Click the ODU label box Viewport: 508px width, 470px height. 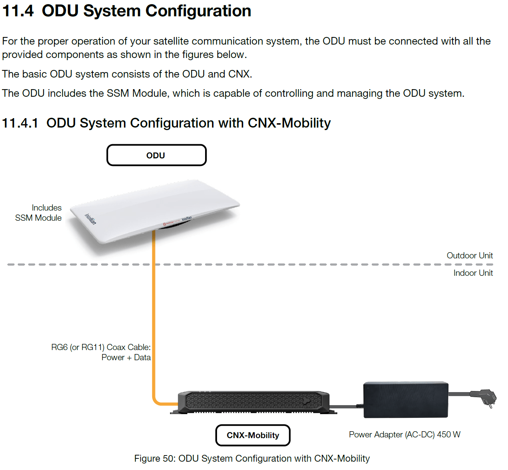(156, 155)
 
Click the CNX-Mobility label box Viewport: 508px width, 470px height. (253, 435)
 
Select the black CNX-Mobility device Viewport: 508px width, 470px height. (254, 402)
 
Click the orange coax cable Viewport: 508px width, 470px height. (154, 317)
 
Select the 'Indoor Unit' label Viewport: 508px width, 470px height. (473, 273)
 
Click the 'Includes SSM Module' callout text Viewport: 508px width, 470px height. (38, 213)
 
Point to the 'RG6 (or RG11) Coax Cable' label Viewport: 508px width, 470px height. (101, 347)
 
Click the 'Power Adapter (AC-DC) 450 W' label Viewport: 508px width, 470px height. (405, 434)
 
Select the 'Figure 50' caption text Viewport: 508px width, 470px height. (252, 458)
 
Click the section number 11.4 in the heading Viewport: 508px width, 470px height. (18, 11)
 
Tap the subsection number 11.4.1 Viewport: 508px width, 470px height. (20, 123)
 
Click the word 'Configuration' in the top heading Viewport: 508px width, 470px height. (198, 11)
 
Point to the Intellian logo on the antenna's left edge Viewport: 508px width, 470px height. (90, 219)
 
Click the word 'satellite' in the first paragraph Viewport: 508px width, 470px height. (171, 41)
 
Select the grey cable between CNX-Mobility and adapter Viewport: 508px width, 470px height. (346, 406)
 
